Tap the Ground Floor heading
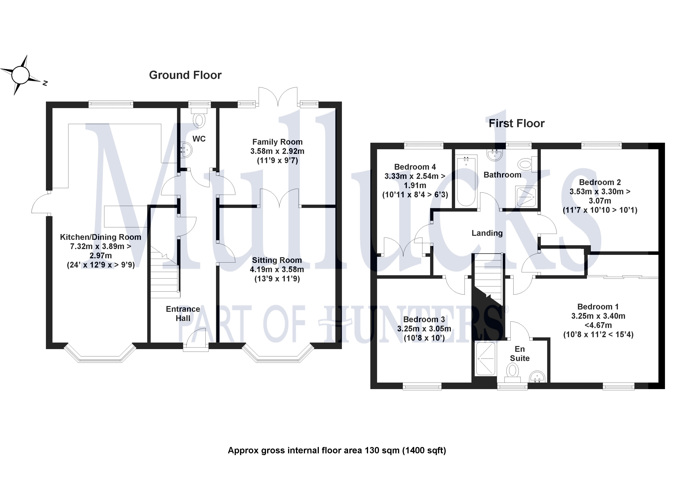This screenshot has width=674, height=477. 185,75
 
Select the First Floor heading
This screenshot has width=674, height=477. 516,123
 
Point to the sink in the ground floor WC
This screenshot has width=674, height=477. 186,149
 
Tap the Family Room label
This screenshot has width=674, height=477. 277,142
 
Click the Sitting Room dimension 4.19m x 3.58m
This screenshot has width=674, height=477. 277,269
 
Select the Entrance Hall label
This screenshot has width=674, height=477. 183,313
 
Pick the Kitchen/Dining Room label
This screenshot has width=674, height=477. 100,237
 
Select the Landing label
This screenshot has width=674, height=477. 487,233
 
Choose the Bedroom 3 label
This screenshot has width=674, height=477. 424,319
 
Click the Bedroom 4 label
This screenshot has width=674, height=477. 415,167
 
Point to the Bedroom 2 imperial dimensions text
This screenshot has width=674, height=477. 600,210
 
